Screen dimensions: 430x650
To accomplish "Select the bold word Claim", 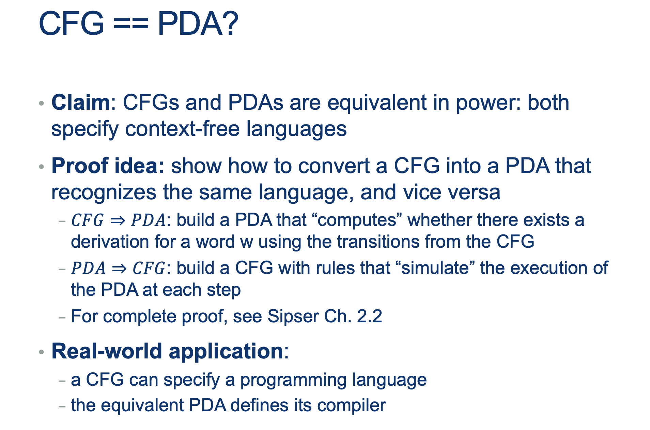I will click(80, 102).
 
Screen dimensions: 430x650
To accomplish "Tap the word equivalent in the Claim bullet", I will click(377, 102).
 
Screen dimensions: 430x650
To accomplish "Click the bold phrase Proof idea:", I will click(108, 166).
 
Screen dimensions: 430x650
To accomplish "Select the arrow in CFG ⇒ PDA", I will click(118, 220).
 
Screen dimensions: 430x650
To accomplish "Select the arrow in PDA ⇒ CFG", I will click(119, 268).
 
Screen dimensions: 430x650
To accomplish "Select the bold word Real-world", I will click(107, 351).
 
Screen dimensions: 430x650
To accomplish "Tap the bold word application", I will click(226, 352).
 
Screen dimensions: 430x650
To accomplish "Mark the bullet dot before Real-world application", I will click(42, 352).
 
